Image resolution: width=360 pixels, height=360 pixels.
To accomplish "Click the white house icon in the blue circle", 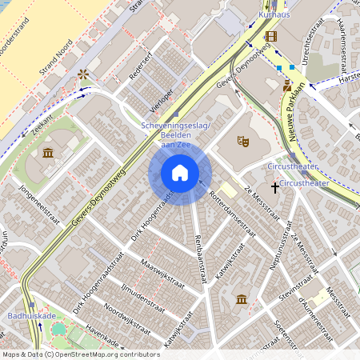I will [x=180, y=173].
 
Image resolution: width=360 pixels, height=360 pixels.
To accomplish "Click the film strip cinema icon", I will [x=271, y=36].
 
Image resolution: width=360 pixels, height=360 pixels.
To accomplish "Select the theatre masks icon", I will [x=243, y=141].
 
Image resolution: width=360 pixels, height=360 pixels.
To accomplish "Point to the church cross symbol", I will [x=274, y=187].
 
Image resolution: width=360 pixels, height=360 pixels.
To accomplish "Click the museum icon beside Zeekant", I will [x=47, y=153].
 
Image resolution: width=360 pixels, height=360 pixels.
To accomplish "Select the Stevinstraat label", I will [x=296, y=292].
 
